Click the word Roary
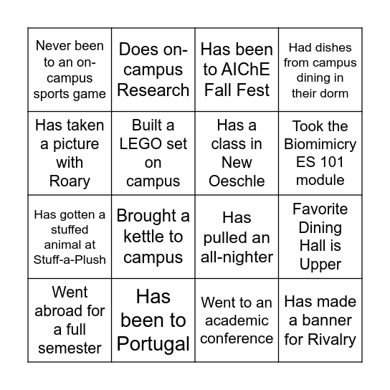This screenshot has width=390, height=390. (x=70, y=181)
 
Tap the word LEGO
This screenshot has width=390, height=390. (x=153, y=144)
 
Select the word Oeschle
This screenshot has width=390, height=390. (x=237, y=181)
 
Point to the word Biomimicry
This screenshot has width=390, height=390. (x=320, y=144)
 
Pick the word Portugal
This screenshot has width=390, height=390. (x=153, y=343)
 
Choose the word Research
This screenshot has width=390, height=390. (x=153, y=90)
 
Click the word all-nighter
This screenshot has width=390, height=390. (x=237, y=257)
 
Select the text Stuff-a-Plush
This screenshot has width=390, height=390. (x=70, y=260)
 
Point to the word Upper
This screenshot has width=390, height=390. (x=320, y=265)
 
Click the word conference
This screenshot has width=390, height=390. (x=237, y=338)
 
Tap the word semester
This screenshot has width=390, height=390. (x=70, y=348)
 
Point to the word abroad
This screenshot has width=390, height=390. (x=69, y=311)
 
